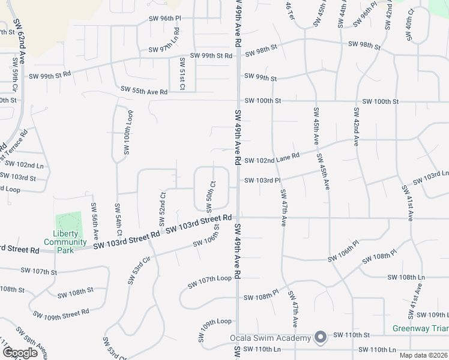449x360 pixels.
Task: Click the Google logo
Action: (x=20, y=352)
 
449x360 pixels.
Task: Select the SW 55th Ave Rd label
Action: (x=144, y=91)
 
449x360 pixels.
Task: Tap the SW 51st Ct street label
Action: (x=181, y=74)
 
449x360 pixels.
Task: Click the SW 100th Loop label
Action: (x=127, y=131)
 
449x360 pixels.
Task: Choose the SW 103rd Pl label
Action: (x=262, y=180)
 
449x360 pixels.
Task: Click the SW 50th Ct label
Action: (x=210, y=197)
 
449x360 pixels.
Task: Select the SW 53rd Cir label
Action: (x=139, y=272)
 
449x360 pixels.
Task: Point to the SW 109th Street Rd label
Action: (x=61, y=313)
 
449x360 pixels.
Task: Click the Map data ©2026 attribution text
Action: (x=423, y=355)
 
